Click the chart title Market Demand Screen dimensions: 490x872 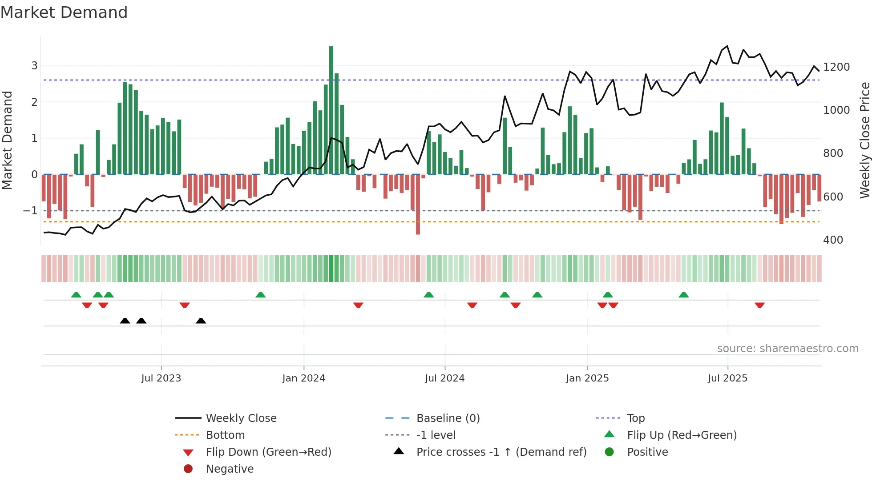pyautogui.click(x=64, y=12)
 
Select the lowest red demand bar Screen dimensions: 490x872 pyautogui.click(x=418, y=205)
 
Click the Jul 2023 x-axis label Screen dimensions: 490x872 pyautogui.click(x=161, y=378)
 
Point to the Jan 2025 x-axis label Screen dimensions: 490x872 pyautogui.click(x=587, y=378)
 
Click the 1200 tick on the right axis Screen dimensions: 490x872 pyautogui.click(x=836, y=67)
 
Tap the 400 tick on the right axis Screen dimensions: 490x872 pyautogui.click(x=833, y=240)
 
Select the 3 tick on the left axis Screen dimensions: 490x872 pyautogui.click(x=34, y=66)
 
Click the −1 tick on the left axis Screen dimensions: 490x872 pyautogui.click(x=31, y=210)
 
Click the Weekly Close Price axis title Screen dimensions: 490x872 pyautogui.click(x=864, y=140)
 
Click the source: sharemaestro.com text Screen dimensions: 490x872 pyautogui.click(x=787, y=349)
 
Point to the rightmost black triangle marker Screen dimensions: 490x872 pyautogui.click(x=201, y=321)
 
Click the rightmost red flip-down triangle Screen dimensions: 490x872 pyautogui.click(x=759, y=305)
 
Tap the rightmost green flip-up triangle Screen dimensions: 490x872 pyautogui.click(x=684, y=295)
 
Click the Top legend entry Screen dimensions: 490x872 pyautogui.click(x=635, y=418)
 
